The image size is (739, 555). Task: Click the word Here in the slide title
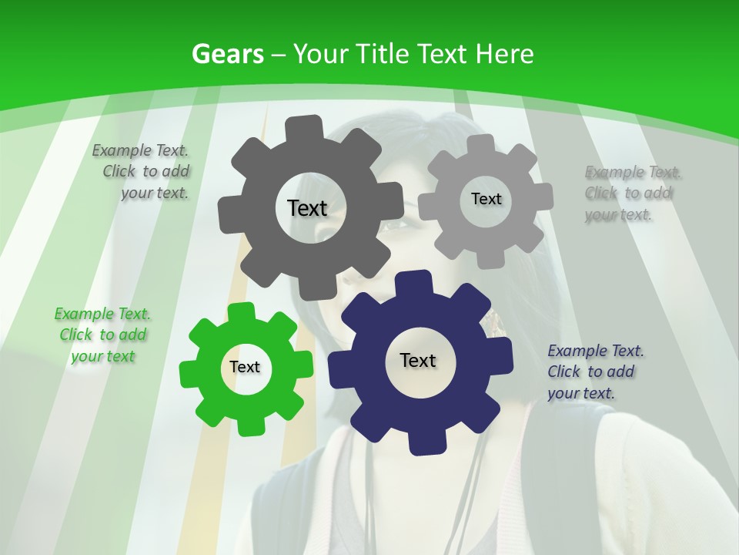click(x=504, y=54)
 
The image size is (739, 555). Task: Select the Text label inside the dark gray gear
click(x=307, y=208)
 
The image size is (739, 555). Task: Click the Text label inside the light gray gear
click(x=486, y=199)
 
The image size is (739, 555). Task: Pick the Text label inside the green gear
click(x=245, y=367)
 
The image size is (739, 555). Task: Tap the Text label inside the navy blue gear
click(x=418, y=360)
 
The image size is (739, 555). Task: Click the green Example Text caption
click(x=102, y=335)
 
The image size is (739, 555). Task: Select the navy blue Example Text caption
click(x=595, y=372)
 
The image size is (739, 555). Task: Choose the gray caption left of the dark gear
click(x=142, y=171)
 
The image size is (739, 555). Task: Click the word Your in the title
click(x=322, y=54)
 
